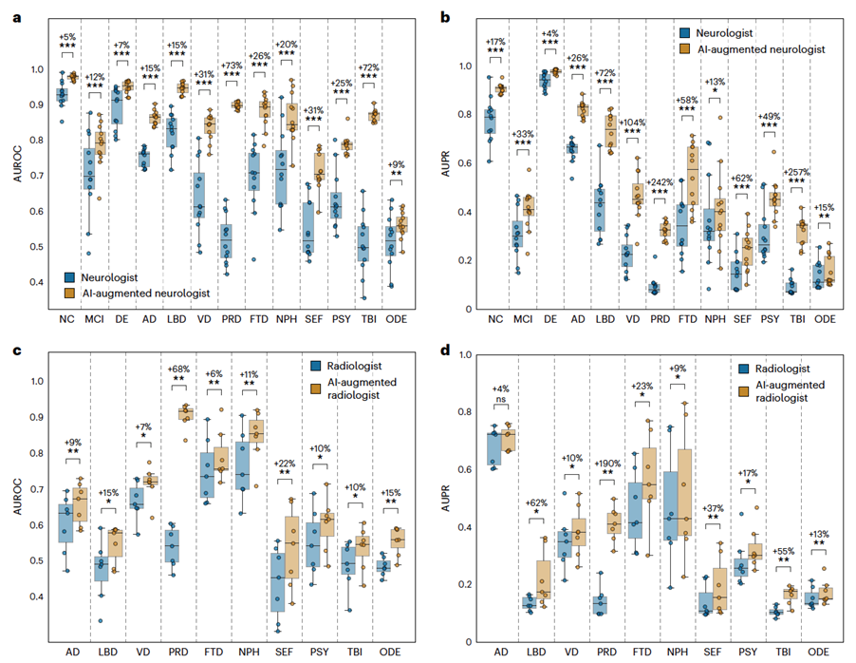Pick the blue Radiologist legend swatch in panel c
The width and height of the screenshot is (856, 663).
[x=315, y=364]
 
